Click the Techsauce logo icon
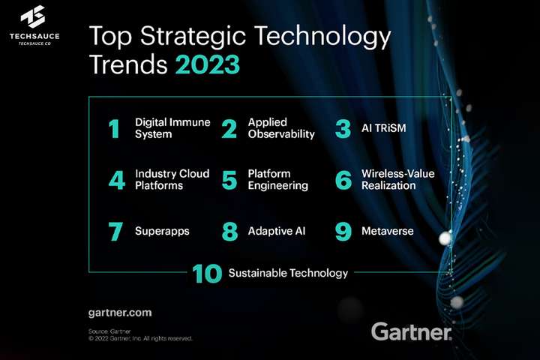(34, 16)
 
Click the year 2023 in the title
(208, 64)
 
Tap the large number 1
(114, 129)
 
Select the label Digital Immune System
(172, 128)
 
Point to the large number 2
(229, 129)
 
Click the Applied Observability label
(280, 128)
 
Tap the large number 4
(115, 180)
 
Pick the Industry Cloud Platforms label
(172, 179)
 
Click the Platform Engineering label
(277, 179)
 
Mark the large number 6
(343, 180)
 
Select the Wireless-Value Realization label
(397, 179)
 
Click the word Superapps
(162, 231)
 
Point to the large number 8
(229, 231)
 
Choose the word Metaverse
(387, 231)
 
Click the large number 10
(206, 274)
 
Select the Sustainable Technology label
(288, 273)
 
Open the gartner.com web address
(120, 311)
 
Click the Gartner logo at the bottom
(412, 331)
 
